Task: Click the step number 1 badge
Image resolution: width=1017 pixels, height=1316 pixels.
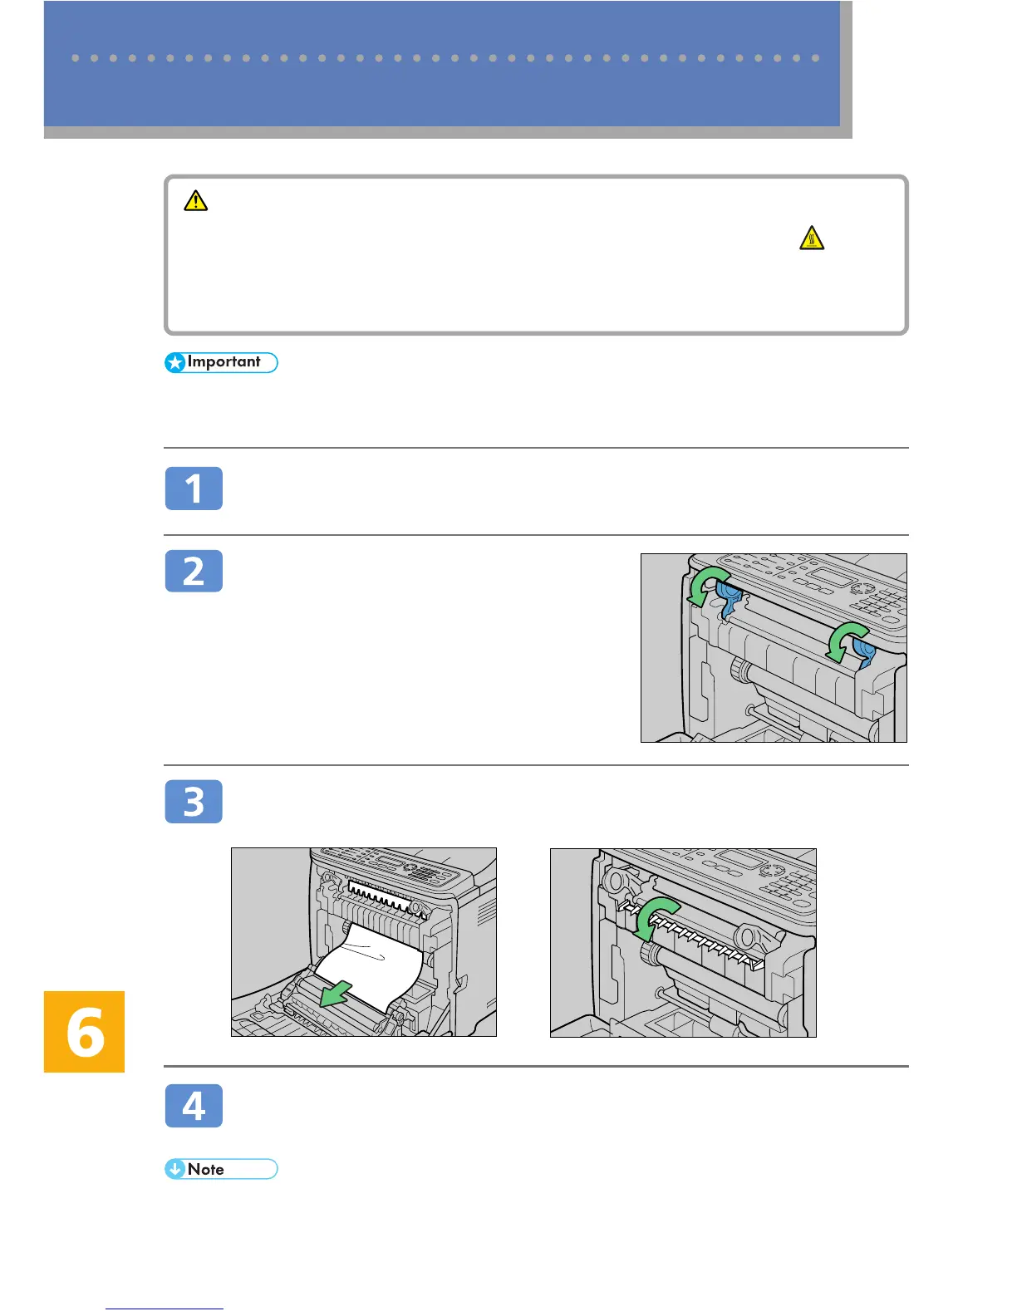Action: [194, 489]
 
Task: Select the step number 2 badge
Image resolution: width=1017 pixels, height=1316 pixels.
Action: [194, 571]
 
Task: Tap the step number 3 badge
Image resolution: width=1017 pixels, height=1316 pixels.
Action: [194, 801]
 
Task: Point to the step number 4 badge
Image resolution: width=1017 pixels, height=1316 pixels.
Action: [194, 1105]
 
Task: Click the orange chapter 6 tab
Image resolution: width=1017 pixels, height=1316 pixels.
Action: [84, 1031]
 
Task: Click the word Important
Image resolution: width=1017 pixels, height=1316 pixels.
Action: [224, 361]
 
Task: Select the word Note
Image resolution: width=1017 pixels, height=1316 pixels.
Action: [205, 1169]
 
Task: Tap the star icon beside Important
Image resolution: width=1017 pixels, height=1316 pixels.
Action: [175, 363]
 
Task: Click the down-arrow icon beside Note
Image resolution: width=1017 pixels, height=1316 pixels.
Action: [175, 1169]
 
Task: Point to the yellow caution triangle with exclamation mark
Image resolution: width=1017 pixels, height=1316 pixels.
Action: [195, 201]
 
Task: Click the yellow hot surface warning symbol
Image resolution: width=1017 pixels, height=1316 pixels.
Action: [812, 238]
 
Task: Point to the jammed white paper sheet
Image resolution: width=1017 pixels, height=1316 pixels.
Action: [371, 966]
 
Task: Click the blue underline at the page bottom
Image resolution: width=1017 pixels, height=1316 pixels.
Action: [165, 1309]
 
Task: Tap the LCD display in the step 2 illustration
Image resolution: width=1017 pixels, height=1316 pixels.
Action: [833, 577]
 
